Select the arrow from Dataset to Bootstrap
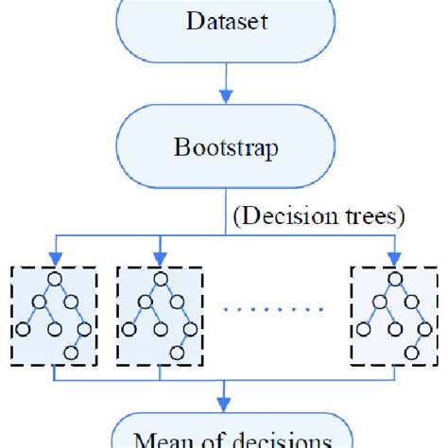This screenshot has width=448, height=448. [224, 85]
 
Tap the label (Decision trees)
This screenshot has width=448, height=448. [319, 216]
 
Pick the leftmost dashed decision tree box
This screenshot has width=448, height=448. [54, 316]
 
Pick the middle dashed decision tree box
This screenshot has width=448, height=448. [158, 316]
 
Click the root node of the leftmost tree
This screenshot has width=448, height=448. [56, 280]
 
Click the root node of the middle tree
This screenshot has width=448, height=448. [160, 280]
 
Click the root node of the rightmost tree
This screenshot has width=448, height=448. [393, 280]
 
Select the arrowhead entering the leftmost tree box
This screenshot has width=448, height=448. [54, 257]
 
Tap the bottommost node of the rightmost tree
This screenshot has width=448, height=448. [413, 353]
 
